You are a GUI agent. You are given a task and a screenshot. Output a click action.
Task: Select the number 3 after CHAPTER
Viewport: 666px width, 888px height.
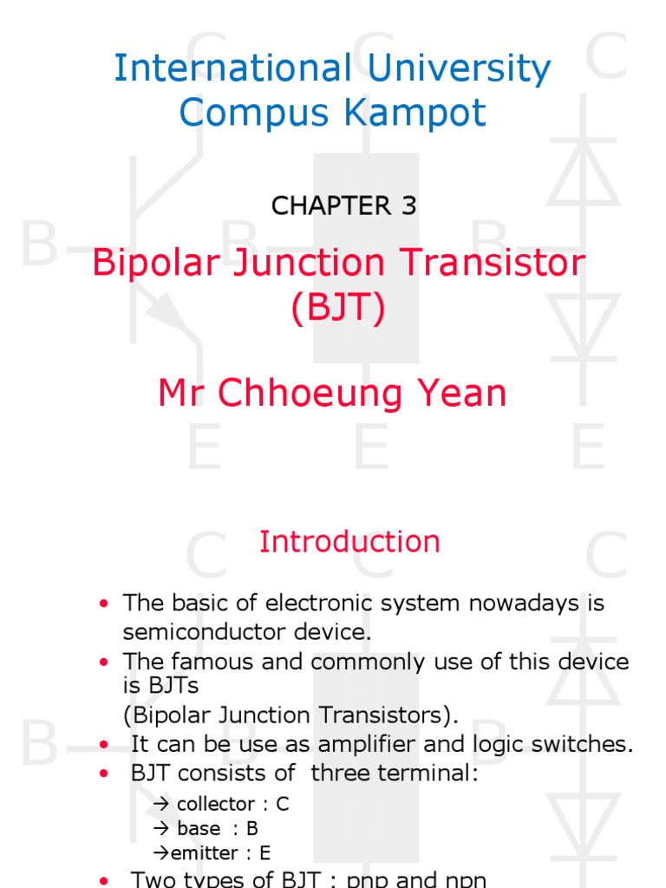tap(408, 206)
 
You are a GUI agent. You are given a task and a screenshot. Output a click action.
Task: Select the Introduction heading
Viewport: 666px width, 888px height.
tap(349, 542)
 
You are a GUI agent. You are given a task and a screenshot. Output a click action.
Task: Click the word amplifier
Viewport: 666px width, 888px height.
tap(391, 744)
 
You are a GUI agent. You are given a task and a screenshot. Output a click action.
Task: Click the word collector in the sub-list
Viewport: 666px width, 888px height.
tap(215, 804)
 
